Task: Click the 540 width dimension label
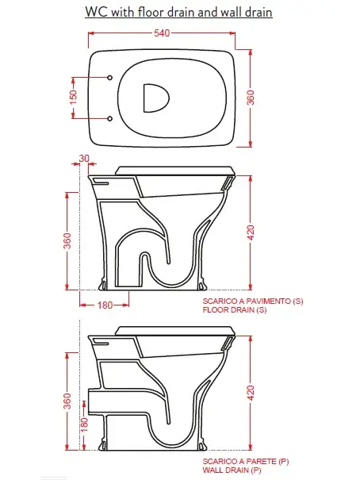[162, 33]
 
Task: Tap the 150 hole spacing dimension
[74, 97]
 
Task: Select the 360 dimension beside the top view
[251, 98]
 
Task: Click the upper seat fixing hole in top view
[109, 78]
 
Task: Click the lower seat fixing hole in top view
[109, 118]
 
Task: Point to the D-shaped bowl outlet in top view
[156, 98]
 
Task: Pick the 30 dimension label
[84, 158]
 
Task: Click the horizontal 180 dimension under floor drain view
[105, 305]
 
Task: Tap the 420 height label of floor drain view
[251, 232]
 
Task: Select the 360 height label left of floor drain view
[67, 240]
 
